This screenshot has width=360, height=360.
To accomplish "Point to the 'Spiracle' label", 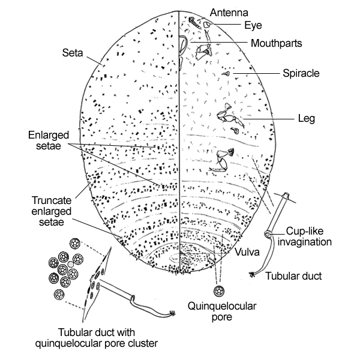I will pos(301,74).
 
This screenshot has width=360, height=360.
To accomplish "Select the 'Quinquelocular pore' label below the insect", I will pos(221,311).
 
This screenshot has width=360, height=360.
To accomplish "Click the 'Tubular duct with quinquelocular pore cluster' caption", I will pos(109,338).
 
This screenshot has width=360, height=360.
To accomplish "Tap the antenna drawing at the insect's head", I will pos(194,22).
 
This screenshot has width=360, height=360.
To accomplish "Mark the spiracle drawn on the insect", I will pos(227,74).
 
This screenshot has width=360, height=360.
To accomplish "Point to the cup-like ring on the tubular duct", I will pos(271,233).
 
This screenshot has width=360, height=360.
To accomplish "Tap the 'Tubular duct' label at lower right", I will pos(295,277).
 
